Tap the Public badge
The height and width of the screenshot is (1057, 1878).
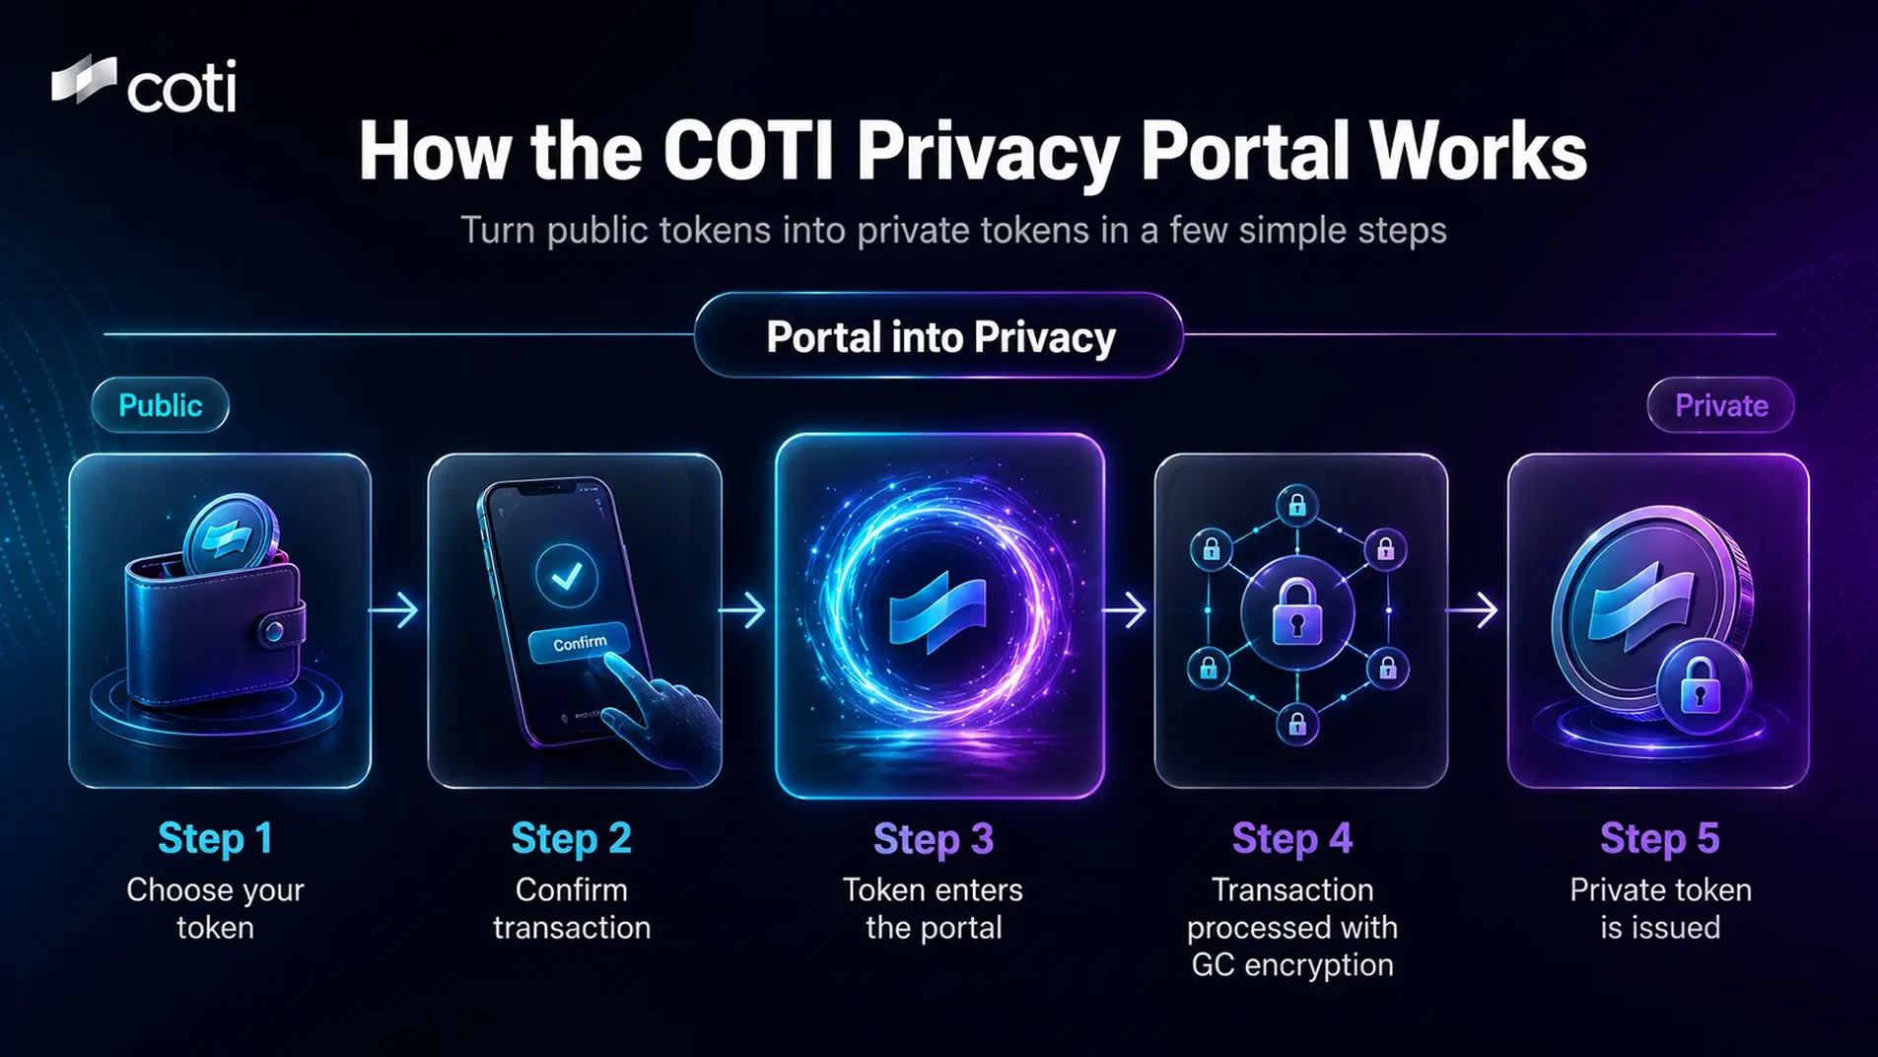tap(160, 405)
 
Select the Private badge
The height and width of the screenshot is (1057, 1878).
tap(1720, 405)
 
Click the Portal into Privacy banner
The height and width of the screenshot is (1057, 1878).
tap(939, 336)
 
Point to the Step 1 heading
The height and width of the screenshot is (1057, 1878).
tap(215, 838)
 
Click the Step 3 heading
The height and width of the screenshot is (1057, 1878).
tap(934, 839)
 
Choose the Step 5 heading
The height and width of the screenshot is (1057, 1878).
tap(1659, 838)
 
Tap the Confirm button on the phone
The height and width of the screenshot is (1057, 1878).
tap(579, 643)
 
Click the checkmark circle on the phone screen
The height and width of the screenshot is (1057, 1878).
tap(566, 576)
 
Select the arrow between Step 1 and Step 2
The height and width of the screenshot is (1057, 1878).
tap(394, 610)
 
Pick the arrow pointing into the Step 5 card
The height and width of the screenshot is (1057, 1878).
tap(1473, 610)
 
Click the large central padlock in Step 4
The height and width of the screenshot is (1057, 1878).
tap(1296, 612)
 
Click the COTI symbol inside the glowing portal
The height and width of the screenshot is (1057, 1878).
tap(938, 612)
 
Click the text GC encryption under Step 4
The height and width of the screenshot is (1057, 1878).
tap(1291, 964)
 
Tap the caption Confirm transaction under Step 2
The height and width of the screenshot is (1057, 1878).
tap(572, 908)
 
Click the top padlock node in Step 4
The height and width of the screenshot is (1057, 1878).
tap(1296, 506)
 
